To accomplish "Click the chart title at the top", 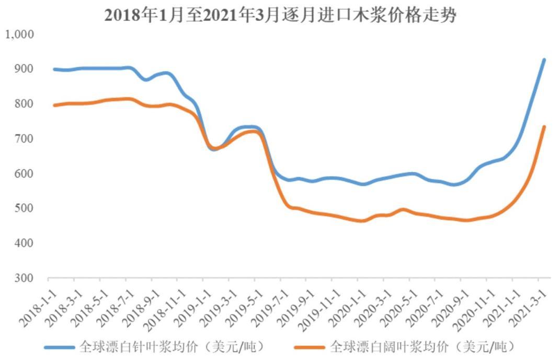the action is pos(280,15).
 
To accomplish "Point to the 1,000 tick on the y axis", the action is pos(20,34).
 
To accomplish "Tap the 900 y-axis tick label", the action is pos(24,68).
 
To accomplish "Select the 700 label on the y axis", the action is pos(24,138).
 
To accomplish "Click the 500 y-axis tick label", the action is pos(24,208).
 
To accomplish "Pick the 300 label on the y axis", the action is pos(24,278).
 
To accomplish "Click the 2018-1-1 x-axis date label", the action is pos(39,308).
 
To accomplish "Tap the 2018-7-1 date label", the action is pos(116,308).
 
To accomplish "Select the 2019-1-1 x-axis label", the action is pos(193,308).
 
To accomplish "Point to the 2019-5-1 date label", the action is pos(245,308).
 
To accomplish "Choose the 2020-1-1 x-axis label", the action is pos(348,308).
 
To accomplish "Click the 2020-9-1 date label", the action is pos(451,308).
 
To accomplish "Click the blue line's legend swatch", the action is pos(60,347).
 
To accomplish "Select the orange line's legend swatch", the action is pos(310,347).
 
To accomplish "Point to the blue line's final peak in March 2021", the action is pos(544,60).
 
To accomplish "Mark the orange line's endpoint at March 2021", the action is pos(544,126).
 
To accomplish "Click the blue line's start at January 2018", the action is pos(54,69).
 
